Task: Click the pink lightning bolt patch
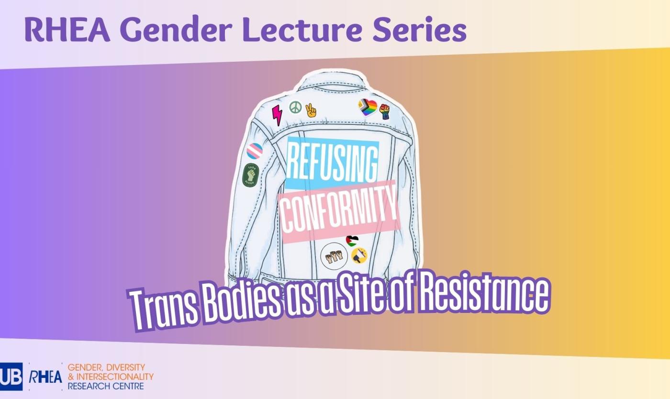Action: (277, 115)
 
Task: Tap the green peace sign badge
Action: (295, 107)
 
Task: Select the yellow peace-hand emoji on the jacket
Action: (311, 110)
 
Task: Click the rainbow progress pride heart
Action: (368, 107)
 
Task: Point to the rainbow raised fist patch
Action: (384, 111)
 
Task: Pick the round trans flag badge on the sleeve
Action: (255, 151)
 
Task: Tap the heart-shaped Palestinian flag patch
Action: (352, 240)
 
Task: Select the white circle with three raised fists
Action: (334, 255)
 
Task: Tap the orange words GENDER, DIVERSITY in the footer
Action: (106, 367)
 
